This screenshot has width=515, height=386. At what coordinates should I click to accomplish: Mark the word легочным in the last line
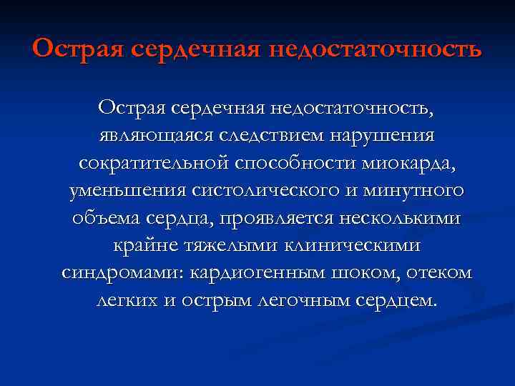319,301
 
